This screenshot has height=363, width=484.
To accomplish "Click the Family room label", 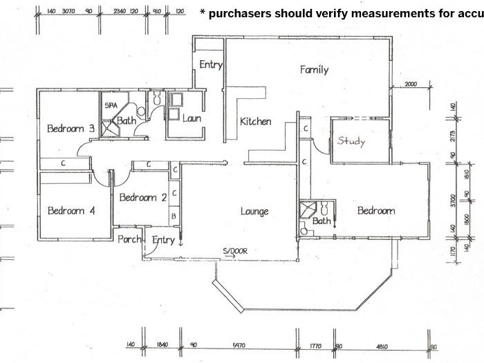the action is coord(314,69).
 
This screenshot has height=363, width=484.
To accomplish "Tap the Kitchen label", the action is coord(255,122).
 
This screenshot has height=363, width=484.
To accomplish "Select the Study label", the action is coord(351,141).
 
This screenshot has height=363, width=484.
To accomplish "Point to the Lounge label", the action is coord(254,211).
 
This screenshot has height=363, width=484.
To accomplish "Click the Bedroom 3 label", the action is coord(71,129).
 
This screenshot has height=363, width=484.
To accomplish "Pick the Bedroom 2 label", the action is coord(143,197).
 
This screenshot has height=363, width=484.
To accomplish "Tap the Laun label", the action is coord(192,118).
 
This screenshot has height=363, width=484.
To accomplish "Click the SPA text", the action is coord(109,106).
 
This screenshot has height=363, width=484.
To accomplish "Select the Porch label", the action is coord(129,240).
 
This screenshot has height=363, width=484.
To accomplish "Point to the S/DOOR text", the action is coord(235,251).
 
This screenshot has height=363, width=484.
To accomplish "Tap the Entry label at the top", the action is coord(210,65).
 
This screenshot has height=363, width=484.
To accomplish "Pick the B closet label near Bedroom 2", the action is coord(175,217).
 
